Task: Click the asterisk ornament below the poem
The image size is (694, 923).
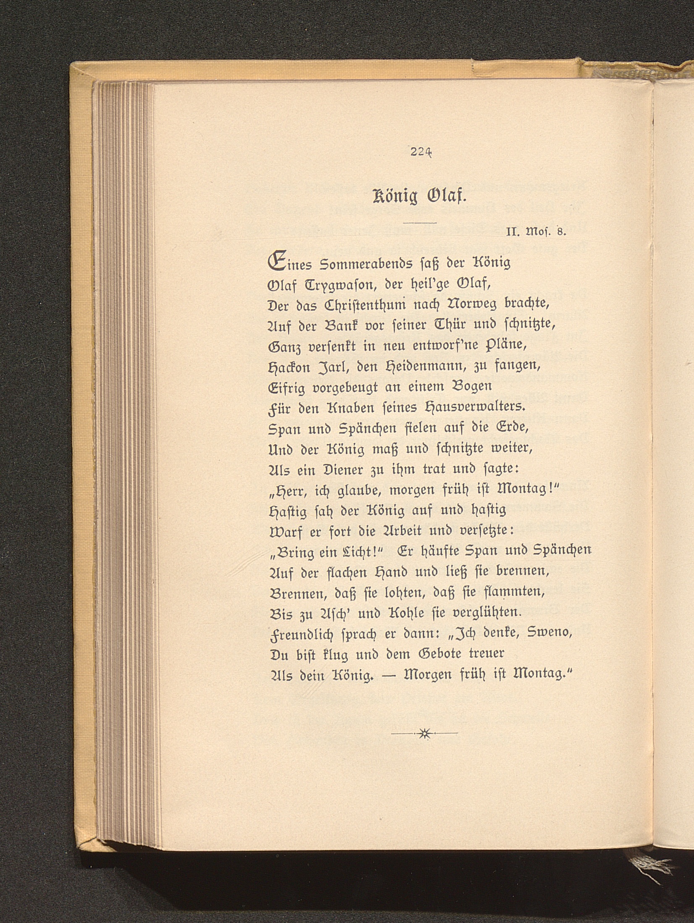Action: point(424,734)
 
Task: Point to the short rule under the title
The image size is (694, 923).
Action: point(420,222)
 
